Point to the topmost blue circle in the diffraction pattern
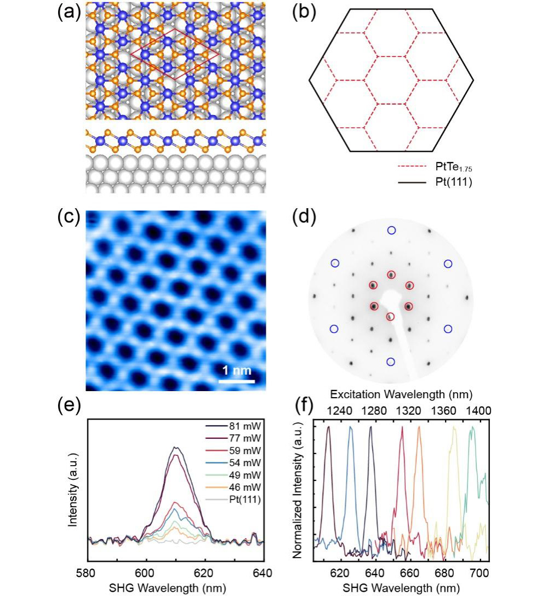click(x=391, y=230)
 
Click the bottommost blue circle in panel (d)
click(x=391, y=362)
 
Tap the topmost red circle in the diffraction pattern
click(x=391, y=275)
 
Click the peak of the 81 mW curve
click(x=175, y=447)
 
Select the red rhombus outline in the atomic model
click(x=174, y=53)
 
